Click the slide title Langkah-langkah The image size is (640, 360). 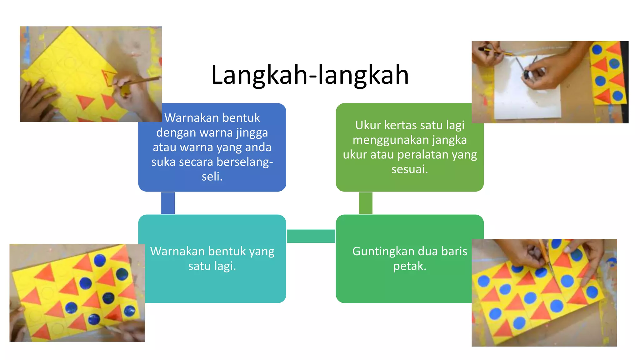click(310, 75)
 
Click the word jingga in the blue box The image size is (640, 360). click(252, 133)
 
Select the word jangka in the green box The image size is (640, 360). click(449, 140)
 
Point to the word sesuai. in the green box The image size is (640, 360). click(409, 169)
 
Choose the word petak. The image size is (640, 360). click(409, 266)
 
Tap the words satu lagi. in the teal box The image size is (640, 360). click(212, 266)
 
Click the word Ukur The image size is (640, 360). click(368, 125)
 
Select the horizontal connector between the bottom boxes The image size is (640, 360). click(311, 236)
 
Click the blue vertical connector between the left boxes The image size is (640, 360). click(168, 203)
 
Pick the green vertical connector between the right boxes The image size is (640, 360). click(366, 203)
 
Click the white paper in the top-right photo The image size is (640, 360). click(528, 100)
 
